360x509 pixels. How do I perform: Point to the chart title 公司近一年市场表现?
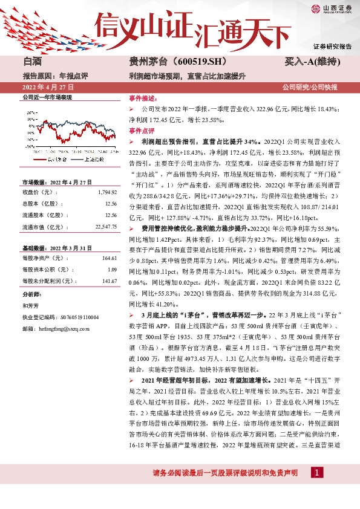(47, 97)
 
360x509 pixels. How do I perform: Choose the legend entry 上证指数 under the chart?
(91, 159)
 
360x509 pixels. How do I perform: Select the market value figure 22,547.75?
(103, 227)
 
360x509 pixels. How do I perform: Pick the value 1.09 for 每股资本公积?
(111, 270)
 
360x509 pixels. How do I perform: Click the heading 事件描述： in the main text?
(142, 98)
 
